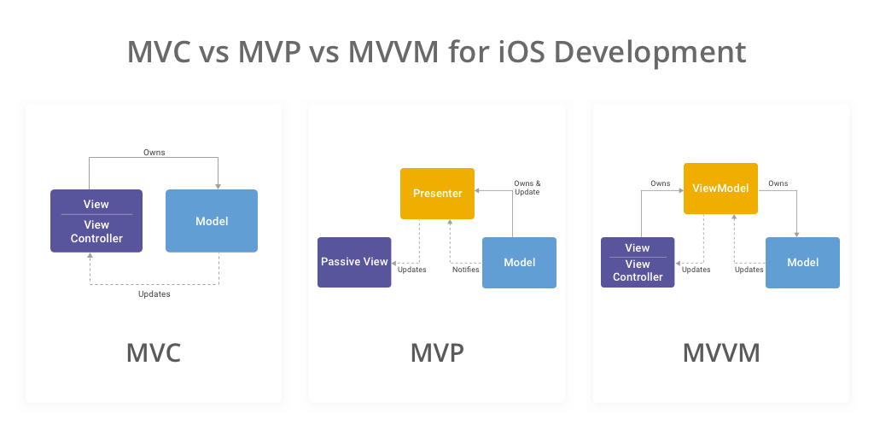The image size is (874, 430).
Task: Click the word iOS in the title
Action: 521,51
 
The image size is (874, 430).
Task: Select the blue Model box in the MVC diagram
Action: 212,221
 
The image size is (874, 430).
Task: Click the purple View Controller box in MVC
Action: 96,221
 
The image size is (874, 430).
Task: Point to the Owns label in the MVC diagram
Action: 154,153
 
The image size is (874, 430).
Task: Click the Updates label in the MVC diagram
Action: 154,294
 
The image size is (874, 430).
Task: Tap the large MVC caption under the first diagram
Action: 154,352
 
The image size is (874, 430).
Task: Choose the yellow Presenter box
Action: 438,193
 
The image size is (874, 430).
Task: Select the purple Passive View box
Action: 354,262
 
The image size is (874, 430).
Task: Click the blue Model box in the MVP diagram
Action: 520,262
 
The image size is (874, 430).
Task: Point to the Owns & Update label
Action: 527,188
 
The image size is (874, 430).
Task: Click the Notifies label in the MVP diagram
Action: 465,270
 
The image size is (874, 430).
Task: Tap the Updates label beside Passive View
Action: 411,270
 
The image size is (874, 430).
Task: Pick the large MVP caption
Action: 437,352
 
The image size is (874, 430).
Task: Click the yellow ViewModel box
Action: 720,188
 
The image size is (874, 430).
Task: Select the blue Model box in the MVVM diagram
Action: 803,262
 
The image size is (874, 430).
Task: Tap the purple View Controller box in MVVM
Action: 638,262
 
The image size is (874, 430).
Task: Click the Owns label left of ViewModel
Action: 660,183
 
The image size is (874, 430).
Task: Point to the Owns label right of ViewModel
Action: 778,183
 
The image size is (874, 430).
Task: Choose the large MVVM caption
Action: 720,352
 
